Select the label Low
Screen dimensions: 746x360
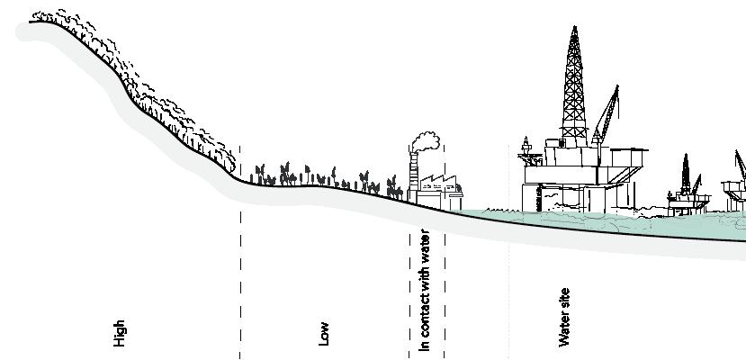pos(325,333)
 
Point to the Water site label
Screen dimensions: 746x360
pos(564,317)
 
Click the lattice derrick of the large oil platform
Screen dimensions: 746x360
pos(572,90)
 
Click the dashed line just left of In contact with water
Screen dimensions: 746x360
pos(409,288)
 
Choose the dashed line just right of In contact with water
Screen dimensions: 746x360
pos(444,288)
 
